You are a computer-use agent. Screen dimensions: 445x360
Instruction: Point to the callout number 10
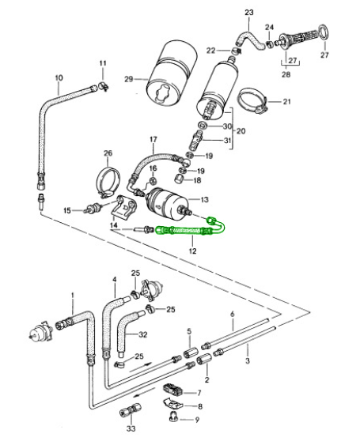pos(59,77)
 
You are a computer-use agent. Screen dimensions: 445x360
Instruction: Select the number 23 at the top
pos(249,13)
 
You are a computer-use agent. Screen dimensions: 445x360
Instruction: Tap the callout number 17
pos(153,140)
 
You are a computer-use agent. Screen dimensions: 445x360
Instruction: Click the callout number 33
pos(131,428)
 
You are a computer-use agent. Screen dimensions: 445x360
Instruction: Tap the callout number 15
pos(69,210)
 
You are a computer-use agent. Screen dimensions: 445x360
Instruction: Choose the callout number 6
pos(232,315)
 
